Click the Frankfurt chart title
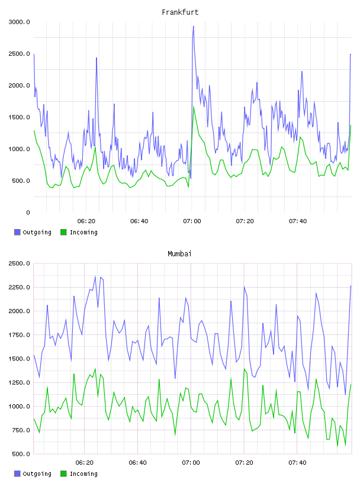(180, 12)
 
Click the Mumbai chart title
(179, 254)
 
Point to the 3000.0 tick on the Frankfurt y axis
(20, 22)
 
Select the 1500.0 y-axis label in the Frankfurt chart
(20, 117)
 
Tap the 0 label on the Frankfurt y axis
(28, 212)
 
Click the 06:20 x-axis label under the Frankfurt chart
(86, 221)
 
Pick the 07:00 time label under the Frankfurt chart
(192, 221)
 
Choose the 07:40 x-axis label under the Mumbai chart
(297, 463)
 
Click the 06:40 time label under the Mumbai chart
(138, 463)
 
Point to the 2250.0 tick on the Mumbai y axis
(20, 288)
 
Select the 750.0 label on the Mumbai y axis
(21, 430)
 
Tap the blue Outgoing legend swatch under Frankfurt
(17, 232)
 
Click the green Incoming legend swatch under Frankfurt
(63, 232)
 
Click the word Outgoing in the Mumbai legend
(37, 474)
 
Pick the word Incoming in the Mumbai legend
(83, 474)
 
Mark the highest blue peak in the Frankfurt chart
(193, 27)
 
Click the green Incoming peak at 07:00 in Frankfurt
(194, 107)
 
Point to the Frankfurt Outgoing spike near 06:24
(97, 58)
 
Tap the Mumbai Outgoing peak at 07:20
(244, 287)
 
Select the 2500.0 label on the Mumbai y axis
(20, 263)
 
